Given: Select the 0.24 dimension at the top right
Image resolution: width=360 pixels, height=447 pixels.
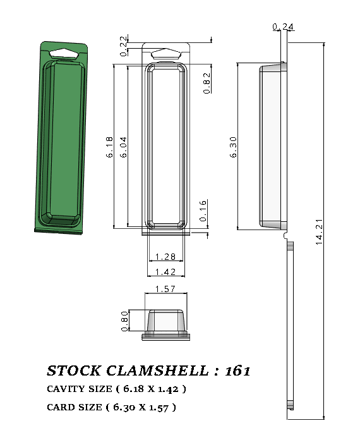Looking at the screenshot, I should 283,27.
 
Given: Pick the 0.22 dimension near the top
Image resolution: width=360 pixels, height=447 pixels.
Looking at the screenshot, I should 123,48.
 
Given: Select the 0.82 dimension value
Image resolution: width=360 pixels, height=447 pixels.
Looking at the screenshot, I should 207,83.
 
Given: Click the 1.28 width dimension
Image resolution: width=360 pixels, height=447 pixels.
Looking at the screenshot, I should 165,257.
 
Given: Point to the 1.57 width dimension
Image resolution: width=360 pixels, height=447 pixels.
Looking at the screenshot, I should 167,289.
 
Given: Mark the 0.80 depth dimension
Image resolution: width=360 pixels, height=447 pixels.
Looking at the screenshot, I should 124,320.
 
